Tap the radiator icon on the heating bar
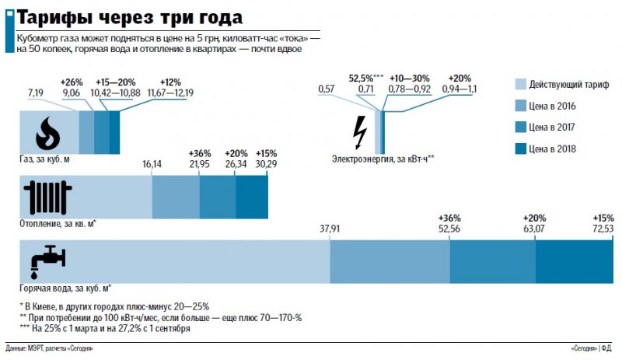tap(47, 197)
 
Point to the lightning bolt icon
tap(359, 131)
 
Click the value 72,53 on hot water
tap(603, 229)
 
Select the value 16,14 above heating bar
tap(152, 165)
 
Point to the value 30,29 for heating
tap(267, 165)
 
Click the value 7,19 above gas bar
tap(35, 93)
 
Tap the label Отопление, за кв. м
tap(62, 224)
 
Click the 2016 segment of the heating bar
tap(175, 197)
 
